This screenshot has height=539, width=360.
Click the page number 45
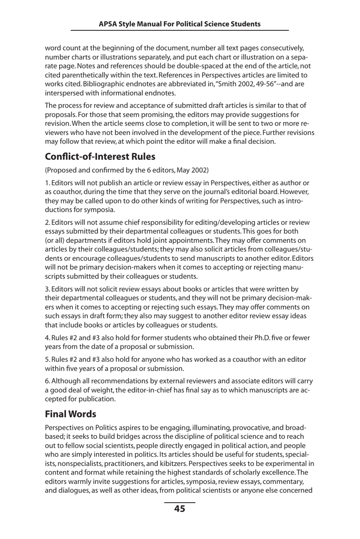180,509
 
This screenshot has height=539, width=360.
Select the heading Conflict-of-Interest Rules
100,156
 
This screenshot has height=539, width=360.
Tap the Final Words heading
70,414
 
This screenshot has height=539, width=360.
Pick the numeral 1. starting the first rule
47,183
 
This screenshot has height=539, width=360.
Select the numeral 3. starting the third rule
47,289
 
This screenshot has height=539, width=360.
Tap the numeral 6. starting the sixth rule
47,381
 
